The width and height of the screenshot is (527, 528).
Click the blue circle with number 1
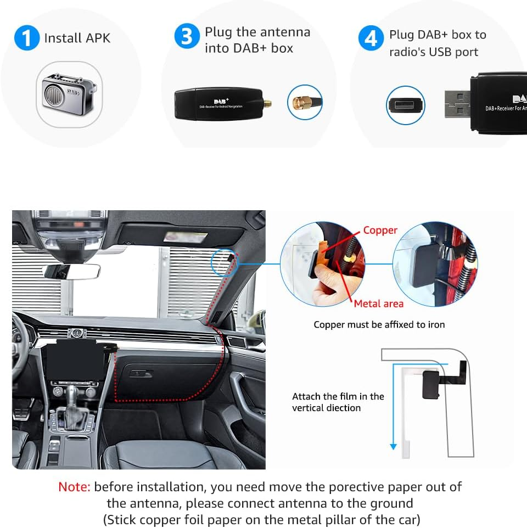tap(26, 37)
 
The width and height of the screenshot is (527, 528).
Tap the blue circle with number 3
tap(187, 37)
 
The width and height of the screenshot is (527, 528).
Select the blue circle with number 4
tap(371, 39)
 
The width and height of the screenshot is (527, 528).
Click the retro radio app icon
tap(70, 96)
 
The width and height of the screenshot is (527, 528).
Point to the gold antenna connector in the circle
tap(305, 102)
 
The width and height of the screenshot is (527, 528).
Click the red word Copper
tap(380, 231)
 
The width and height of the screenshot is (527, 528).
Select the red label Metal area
tap(378, 304)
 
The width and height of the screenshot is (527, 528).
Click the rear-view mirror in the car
tap(71, 272)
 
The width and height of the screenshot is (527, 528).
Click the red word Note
tap(74, 487)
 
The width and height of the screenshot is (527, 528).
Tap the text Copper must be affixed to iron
tap(379, 324)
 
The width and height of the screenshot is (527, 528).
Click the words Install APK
tap(77, 38)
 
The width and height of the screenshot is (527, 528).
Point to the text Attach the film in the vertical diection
tap(338, 402)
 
